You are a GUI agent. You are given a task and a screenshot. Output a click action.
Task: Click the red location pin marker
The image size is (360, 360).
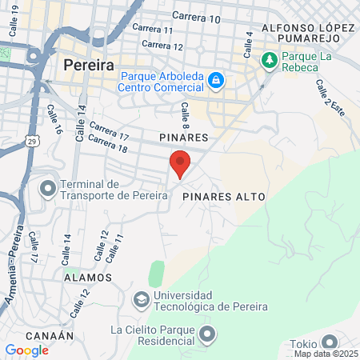click(x=180, y=162)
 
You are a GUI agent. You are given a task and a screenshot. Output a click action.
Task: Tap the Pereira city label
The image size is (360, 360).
click(x=87, y=65)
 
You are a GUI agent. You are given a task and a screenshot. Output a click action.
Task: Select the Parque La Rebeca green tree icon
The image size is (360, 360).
click(x=270, y=59)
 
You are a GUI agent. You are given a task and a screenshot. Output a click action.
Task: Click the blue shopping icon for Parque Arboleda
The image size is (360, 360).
click(x=215, y=81)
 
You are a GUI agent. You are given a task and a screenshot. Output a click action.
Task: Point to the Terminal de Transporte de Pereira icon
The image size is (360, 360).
click(x=48, y=190)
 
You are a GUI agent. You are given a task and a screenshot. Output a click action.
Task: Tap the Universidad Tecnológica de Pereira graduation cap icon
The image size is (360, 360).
click(x=142, y=300)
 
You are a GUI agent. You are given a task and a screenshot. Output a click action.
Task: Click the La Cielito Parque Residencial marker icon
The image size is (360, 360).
click(x=208, y=334)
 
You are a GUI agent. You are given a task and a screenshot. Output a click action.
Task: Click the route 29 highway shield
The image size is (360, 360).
click(x=31, y=142)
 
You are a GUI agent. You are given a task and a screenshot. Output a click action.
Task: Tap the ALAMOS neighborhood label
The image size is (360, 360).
click(x=88, y=277)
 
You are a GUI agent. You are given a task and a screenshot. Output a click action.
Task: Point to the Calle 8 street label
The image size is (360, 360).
click(x=185, y=114)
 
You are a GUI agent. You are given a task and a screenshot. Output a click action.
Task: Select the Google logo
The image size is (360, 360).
click(x=26, y=350)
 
